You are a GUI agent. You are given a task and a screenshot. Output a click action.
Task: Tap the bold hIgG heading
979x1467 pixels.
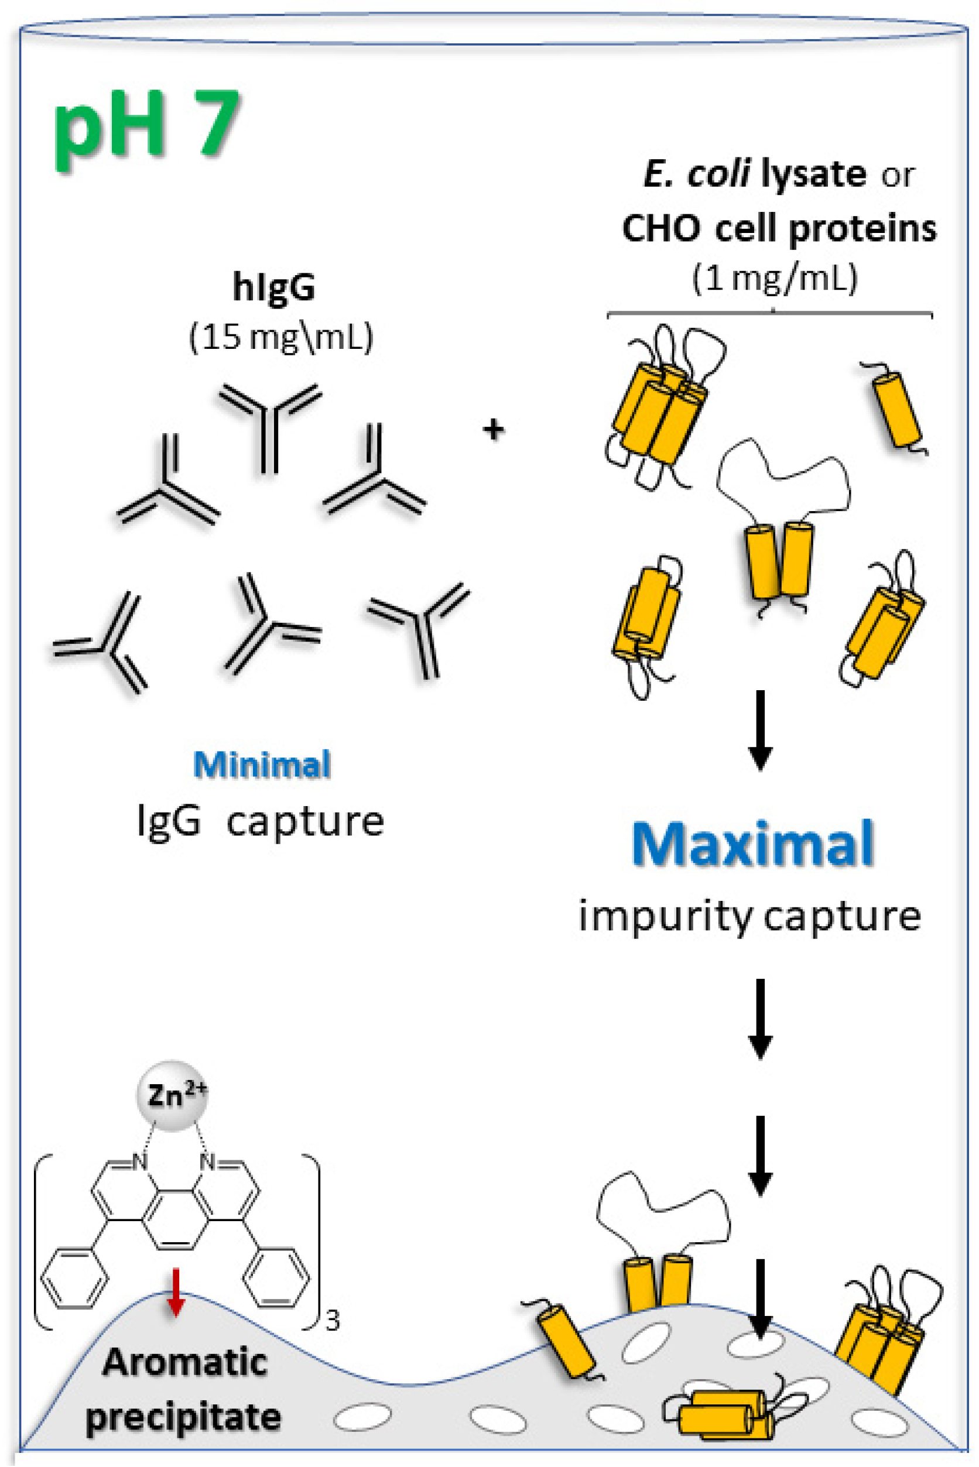click(x=273, y=288)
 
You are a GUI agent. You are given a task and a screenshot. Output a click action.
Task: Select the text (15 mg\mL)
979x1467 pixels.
click(x=281, y=337)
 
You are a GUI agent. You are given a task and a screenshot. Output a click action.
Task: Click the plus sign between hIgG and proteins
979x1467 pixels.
click(x=493, y=430)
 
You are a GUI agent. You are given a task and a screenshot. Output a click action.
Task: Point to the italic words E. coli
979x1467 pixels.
click(x=696, y=174)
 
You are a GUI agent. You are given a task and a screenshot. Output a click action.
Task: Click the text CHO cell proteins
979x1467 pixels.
click(x=779, y=229)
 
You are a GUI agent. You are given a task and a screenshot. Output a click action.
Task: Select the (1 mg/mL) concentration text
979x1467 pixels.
click(x=774, y=278)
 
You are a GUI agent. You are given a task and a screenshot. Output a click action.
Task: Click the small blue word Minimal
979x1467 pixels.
click(x=262, y=764)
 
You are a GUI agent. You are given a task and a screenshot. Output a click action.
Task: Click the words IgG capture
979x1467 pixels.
click(x=261, y=821)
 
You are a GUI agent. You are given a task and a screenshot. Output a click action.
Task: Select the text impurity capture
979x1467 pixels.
click(x=749, y=916)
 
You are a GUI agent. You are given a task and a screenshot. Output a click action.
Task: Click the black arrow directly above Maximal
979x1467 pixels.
click(x=760, y=729)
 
